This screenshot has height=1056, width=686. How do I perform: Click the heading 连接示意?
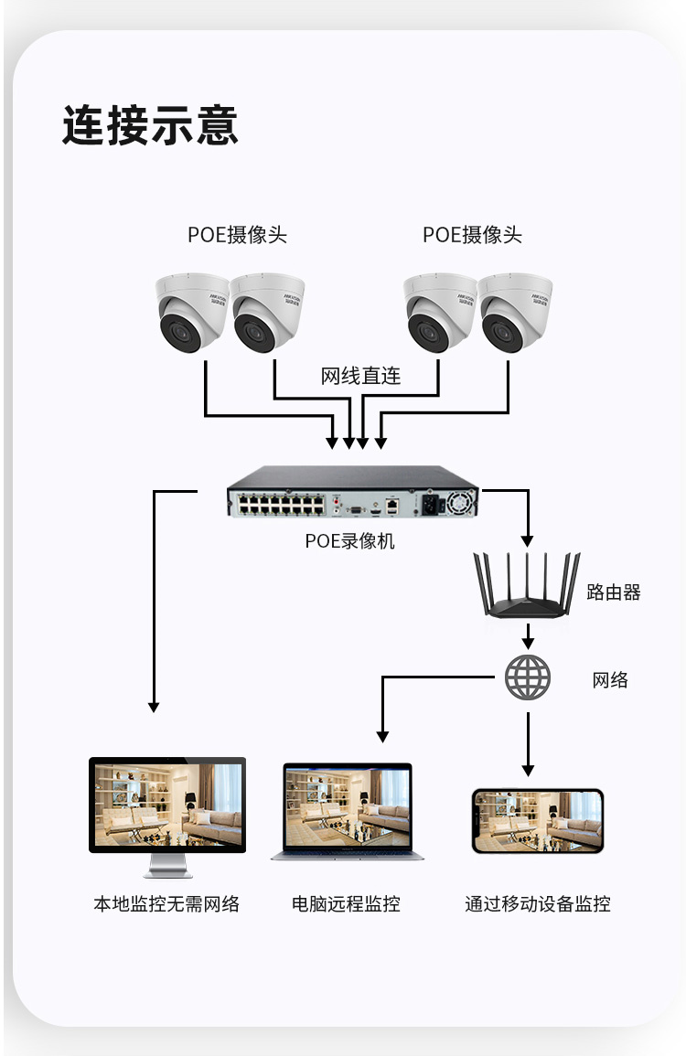pos(150,125)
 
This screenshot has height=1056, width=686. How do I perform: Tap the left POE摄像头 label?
pos(237,235)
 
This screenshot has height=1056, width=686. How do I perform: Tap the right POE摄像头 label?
pos(472,235)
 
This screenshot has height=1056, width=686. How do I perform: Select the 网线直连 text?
pos(360,376)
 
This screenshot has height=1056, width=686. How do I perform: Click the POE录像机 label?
pos(350,541)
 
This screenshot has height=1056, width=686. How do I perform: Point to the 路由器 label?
pos(614,592)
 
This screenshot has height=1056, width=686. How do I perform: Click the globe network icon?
pos(528,677)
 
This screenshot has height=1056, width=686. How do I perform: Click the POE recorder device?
pos(352,494)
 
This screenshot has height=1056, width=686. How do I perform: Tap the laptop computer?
pos(348,813)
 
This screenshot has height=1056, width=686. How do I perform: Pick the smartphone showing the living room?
pos(537,821)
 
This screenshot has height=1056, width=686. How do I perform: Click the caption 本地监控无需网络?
pos(166,904)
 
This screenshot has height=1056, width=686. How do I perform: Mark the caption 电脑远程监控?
pos(346,904)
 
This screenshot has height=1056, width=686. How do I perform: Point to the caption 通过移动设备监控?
pos(537,904)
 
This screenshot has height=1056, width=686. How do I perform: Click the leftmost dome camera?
pos(190,316)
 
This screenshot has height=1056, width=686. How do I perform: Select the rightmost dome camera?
pos(516,316)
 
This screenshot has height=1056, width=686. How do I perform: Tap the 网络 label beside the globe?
pos(610,679)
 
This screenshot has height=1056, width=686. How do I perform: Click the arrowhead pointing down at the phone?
pos(528,770)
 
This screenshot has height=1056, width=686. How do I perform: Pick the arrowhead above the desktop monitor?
pos(154,706)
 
